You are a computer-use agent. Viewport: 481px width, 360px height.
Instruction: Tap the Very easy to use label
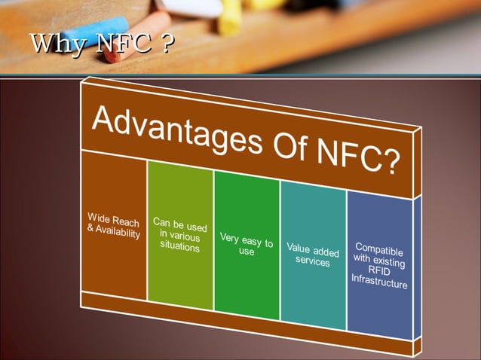point(247,245)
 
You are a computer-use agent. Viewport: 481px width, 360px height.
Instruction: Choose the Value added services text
point(313,255)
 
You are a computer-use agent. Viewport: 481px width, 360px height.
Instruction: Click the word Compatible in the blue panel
point(379,248)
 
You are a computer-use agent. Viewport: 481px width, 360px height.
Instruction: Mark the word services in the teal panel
point(313,261)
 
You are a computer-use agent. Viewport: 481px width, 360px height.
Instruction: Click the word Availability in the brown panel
point(114,232)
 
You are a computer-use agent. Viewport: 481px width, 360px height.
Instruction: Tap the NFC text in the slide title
point(119,44)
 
